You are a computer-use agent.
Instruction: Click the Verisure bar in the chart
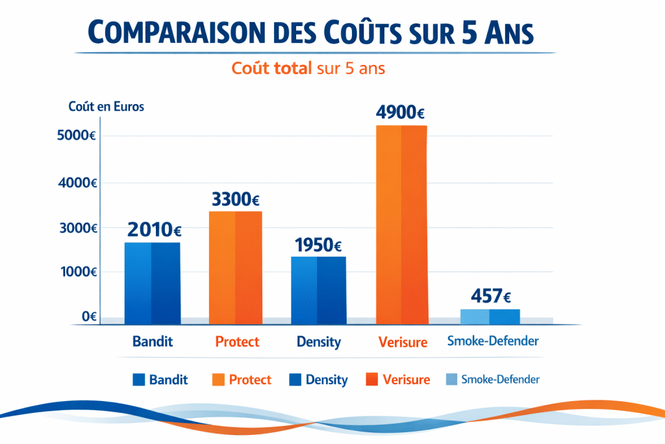click(402, 224)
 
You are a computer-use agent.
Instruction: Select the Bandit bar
click(153, 283)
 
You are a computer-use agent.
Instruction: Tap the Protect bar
click(236, 267)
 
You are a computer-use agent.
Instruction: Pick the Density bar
click(318, 290)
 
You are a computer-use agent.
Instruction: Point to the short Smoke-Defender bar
click(490, 317)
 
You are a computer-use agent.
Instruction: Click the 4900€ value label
click(400, 112)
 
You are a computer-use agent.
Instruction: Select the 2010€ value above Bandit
click(154, 229)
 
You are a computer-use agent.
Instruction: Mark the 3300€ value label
click(236, 199)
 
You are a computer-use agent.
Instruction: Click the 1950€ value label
click(318, 245)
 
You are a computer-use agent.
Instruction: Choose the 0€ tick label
click(89, 317)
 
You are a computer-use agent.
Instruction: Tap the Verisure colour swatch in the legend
click(371, 380)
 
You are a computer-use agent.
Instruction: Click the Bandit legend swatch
click(138, 380)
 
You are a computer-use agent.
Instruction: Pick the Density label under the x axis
click(318, 341)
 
